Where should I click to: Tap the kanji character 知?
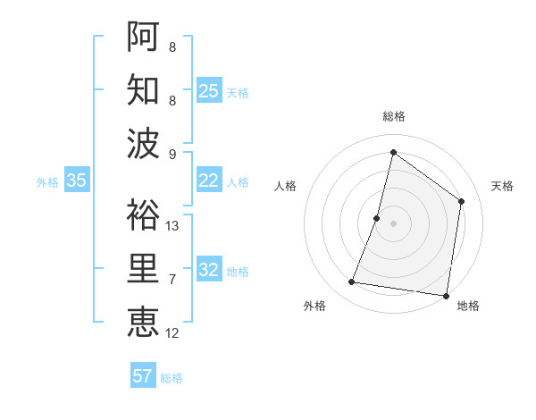point(143,89)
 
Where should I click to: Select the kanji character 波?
point(143,143)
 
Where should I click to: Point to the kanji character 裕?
point(143,214)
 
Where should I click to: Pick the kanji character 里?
point(143,268)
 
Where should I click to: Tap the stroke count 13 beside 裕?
point(172,226)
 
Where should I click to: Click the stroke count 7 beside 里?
point(172,280)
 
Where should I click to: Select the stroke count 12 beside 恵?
point(172,333)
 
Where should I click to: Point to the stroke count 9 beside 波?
point(172,155)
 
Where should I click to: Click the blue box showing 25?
point(209,91)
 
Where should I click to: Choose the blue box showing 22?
point(209,181)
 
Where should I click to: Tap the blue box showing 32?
point(209,270)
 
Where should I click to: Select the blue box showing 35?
point(77,181)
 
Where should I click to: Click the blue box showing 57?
point(143,376)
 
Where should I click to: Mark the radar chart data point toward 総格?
point(393,153)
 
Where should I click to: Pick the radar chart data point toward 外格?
point(352,282)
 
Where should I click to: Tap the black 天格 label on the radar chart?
point(503,186)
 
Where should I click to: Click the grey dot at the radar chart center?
point(393,223)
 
